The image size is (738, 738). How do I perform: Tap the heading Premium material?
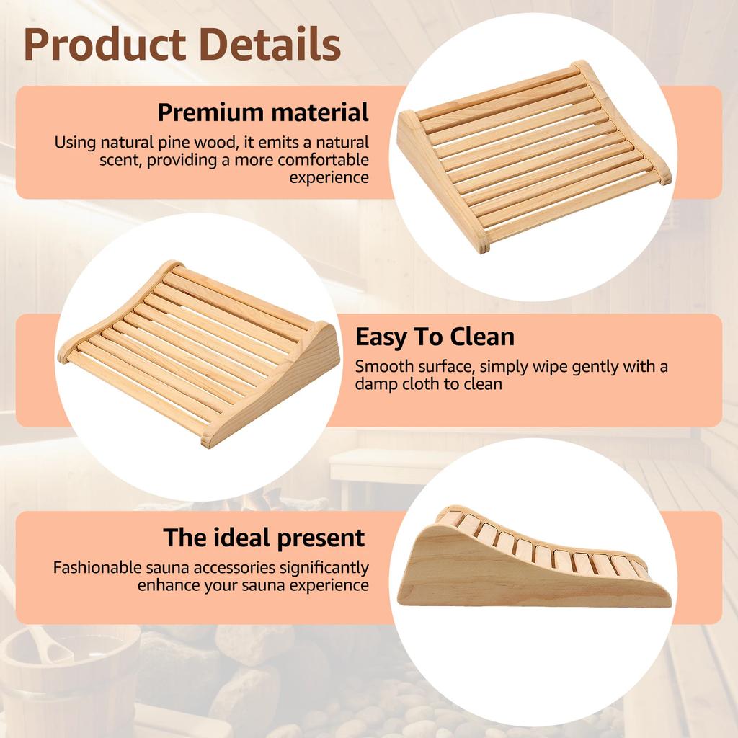tap(263, 112)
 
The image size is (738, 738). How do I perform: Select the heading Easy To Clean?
tap(435, 337)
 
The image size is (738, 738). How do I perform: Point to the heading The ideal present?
tap(264, 538)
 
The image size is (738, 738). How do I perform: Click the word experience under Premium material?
tap(329, 177)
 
